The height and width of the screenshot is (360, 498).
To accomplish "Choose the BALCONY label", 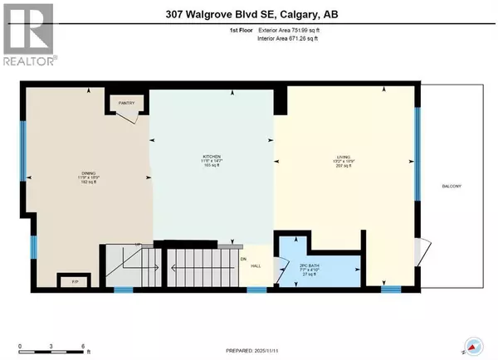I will pyautogui.click(x=452, y=186).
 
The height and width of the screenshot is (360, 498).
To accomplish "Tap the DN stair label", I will pyautogui.click(x=244, y=259).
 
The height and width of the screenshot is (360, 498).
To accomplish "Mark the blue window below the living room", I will pyautogui.click(x=390, y=289).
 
